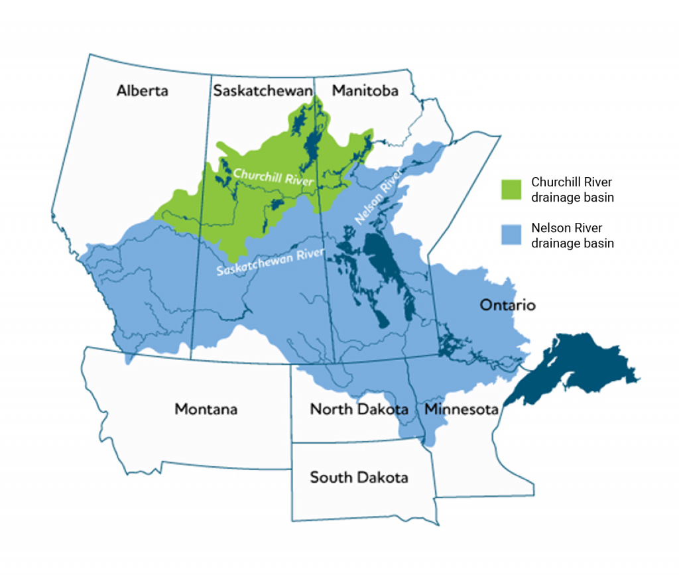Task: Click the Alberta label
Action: coord(142,91)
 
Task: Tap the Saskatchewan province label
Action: coord(263,91)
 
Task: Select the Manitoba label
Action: coord(365,91)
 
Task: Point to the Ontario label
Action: coord(507,306)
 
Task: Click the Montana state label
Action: coord(206,409)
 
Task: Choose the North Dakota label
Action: coord(359,409)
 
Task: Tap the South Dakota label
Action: coord(359,477)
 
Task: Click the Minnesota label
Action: coord(461,409)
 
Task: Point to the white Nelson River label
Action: coord(379,197)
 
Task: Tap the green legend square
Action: coord(512,188)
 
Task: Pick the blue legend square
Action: coord(512,235)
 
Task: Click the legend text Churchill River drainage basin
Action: coord(572,189)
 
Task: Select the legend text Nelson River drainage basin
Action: coord(572,235)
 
